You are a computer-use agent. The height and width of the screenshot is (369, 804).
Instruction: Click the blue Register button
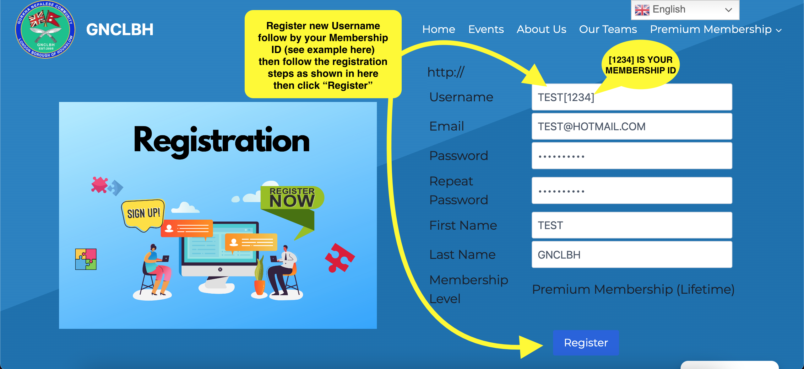[x=586, y=343]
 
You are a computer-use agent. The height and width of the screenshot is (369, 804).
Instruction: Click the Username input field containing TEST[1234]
[x=632, y=97]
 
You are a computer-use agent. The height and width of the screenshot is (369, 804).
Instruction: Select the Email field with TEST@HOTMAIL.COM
[x=632, y=126]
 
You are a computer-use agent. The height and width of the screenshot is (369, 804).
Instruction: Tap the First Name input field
[x=632, y=225]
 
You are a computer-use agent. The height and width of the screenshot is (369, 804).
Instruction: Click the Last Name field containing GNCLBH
[x=632, y=254]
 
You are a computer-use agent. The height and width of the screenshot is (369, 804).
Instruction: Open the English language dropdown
[x=685, y=10]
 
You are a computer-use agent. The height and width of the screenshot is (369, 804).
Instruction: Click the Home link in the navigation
[x=439, y=29]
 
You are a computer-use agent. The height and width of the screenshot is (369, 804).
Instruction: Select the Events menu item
[x=486, y=29]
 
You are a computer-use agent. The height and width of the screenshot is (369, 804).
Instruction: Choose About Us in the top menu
[x=541, y=29]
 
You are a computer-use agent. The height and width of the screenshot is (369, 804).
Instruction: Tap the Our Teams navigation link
[x=608, y=29]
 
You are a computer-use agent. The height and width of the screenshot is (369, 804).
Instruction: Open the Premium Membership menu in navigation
[x=715, y=29]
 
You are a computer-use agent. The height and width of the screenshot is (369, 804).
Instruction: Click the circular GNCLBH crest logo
[x=46, y=29]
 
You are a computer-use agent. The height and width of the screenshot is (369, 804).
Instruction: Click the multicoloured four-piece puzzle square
[x=86, y=259]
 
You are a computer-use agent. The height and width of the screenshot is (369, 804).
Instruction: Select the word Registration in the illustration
[x=222, y=141]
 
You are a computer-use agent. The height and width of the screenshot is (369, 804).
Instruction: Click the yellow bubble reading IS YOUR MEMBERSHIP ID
[x=641, y=65]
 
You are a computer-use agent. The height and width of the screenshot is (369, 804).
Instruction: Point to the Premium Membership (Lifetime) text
[x=633, y=289]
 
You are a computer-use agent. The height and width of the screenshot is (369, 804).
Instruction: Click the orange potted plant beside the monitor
[x=259, y=276]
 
